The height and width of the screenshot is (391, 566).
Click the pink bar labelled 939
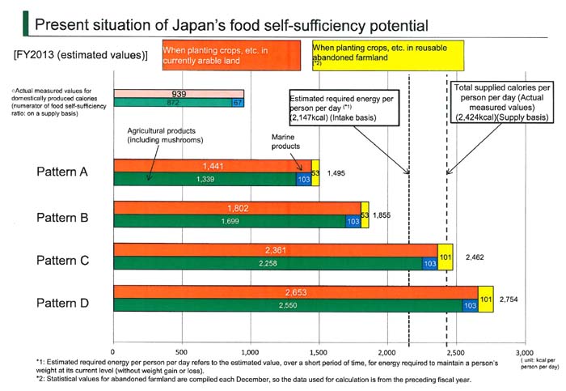click(179, 94)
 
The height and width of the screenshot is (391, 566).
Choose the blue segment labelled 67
click(237, 103)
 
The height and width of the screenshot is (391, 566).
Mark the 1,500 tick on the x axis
click(319, 353)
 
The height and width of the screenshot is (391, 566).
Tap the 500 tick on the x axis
click(182, 353)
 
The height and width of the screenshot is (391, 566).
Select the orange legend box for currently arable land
click(234, 56)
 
